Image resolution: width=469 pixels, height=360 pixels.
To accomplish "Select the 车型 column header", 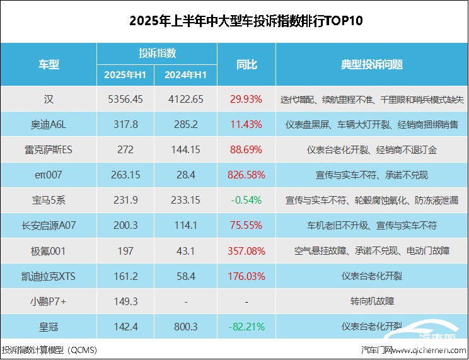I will [49, 64].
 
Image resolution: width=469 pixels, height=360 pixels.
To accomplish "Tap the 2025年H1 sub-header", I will [125, 75].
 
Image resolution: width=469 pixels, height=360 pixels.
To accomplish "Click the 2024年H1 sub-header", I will [186, 75].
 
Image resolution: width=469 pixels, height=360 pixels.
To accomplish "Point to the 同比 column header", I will [246, 64].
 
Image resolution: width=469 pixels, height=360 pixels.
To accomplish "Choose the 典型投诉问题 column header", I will [372, 64].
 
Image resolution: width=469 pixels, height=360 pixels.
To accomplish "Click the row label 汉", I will [49, 99].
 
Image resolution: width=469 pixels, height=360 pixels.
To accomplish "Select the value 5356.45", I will [125, 99].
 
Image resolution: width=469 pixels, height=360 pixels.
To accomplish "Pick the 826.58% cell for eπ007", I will [246, 175].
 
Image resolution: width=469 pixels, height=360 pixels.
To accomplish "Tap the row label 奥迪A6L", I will [49, 124].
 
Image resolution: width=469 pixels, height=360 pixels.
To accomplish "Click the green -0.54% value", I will [246, 200].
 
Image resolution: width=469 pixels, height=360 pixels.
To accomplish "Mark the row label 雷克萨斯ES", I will [49, 149].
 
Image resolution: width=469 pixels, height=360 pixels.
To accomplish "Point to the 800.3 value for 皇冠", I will [186, 326].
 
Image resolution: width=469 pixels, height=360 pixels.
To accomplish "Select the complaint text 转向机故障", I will [372, 301].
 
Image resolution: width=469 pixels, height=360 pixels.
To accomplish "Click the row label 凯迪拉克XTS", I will [49, 276].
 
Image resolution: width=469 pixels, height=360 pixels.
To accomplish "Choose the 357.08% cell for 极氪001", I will [246, 250].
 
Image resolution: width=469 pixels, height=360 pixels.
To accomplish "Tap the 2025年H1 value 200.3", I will [125, 225].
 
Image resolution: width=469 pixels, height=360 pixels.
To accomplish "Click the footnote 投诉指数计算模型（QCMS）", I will [49, 349].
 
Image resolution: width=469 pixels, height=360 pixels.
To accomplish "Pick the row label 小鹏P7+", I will [49, 301].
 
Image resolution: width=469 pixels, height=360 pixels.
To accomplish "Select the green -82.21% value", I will [246, 326].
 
